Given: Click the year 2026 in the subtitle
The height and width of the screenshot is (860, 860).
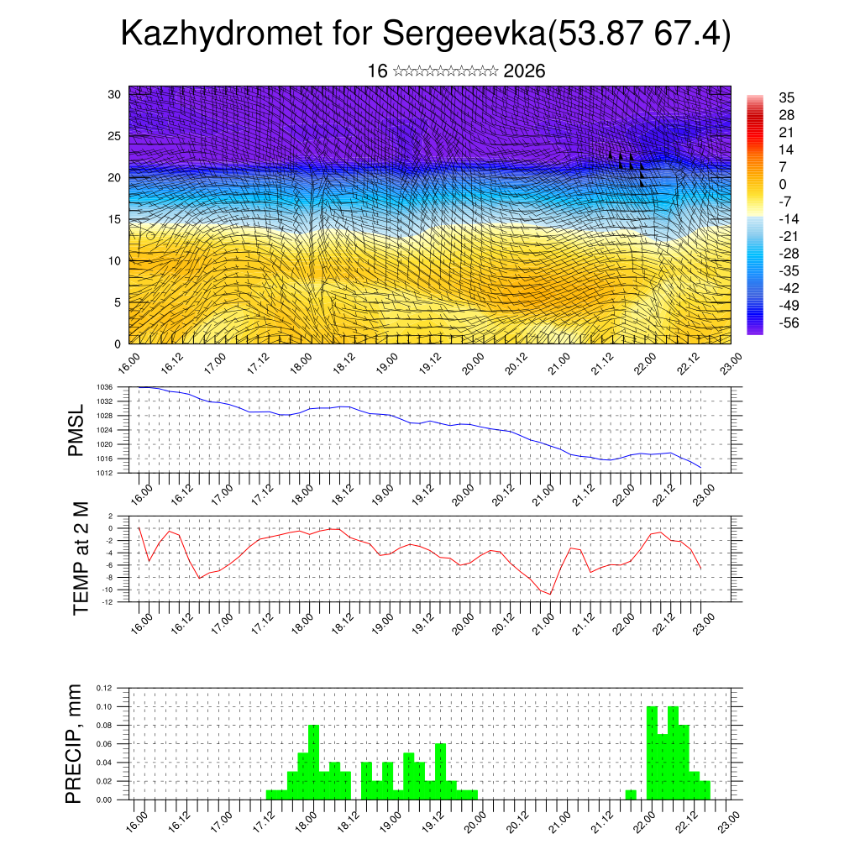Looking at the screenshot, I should (x=524, y=71).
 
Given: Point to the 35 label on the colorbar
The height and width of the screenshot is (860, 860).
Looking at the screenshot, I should (x=787, y=97).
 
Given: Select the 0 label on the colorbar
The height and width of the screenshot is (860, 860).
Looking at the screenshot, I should (x=784, y=184).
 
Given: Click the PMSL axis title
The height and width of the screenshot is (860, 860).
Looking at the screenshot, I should (x=76, y=430).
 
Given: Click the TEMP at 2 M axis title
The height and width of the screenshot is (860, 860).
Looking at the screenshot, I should (x=81, y=558).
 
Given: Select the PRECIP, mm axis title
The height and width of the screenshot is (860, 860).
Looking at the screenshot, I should (x=75, y=743).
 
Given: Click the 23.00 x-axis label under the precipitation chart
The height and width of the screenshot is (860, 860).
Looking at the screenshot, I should (x=729, y=820).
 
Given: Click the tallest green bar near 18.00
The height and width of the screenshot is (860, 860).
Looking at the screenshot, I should (x=313, y=762).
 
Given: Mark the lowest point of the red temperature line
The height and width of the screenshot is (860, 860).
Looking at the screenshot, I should (x=550, y=594).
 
